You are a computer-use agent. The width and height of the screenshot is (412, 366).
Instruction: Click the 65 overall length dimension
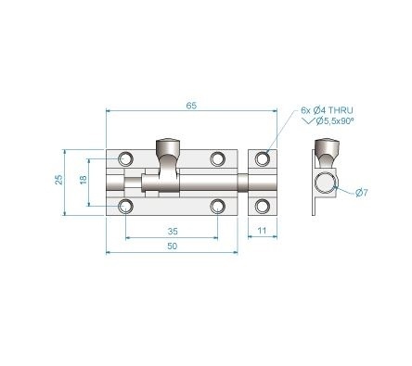(190, 107)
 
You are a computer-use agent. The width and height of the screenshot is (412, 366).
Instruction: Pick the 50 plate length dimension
(173, 246)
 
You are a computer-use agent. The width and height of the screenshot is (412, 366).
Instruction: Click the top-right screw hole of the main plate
(218, 158)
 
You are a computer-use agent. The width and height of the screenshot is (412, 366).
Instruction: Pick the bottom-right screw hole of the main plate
(218, 204)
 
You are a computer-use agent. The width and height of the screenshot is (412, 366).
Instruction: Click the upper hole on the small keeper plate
(264, 158)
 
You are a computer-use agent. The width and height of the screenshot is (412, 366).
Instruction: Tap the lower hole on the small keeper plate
(264, 204)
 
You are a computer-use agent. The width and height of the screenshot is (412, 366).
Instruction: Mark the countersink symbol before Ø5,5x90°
(308, 121)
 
